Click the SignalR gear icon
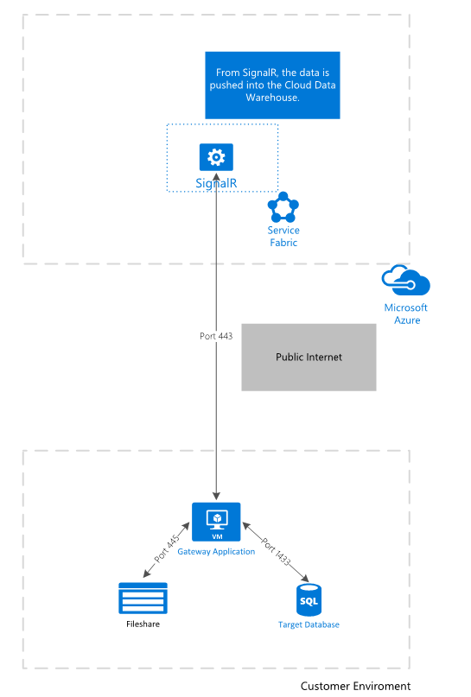click(216, 157)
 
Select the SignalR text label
click(216, 183)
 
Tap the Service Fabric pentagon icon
click(283, 207)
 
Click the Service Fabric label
click(283, 237)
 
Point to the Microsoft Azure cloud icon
click(405, 280)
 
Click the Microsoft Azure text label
click(406, 314)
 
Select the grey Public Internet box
click(309, 358)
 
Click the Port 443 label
click(216, 336)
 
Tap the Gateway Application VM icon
click(216, 522)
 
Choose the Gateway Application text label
click(216, 552)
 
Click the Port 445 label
click(167, 549)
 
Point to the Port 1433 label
click(276, 552)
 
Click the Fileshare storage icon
click(143, 599)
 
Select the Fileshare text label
click(143, 624)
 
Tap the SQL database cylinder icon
click(309, 600)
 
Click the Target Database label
click(309, 625)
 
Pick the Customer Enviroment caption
click(355, 687)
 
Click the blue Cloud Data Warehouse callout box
click(272, 86)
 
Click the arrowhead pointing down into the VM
click(216, 496)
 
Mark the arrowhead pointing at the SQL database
click(305, 579)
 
